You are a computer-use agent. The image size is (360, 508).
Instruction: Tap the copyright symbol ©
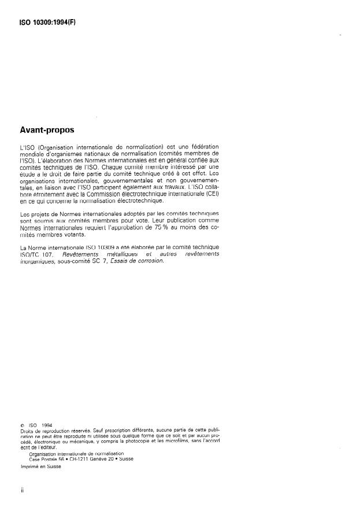coord(21,427)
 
